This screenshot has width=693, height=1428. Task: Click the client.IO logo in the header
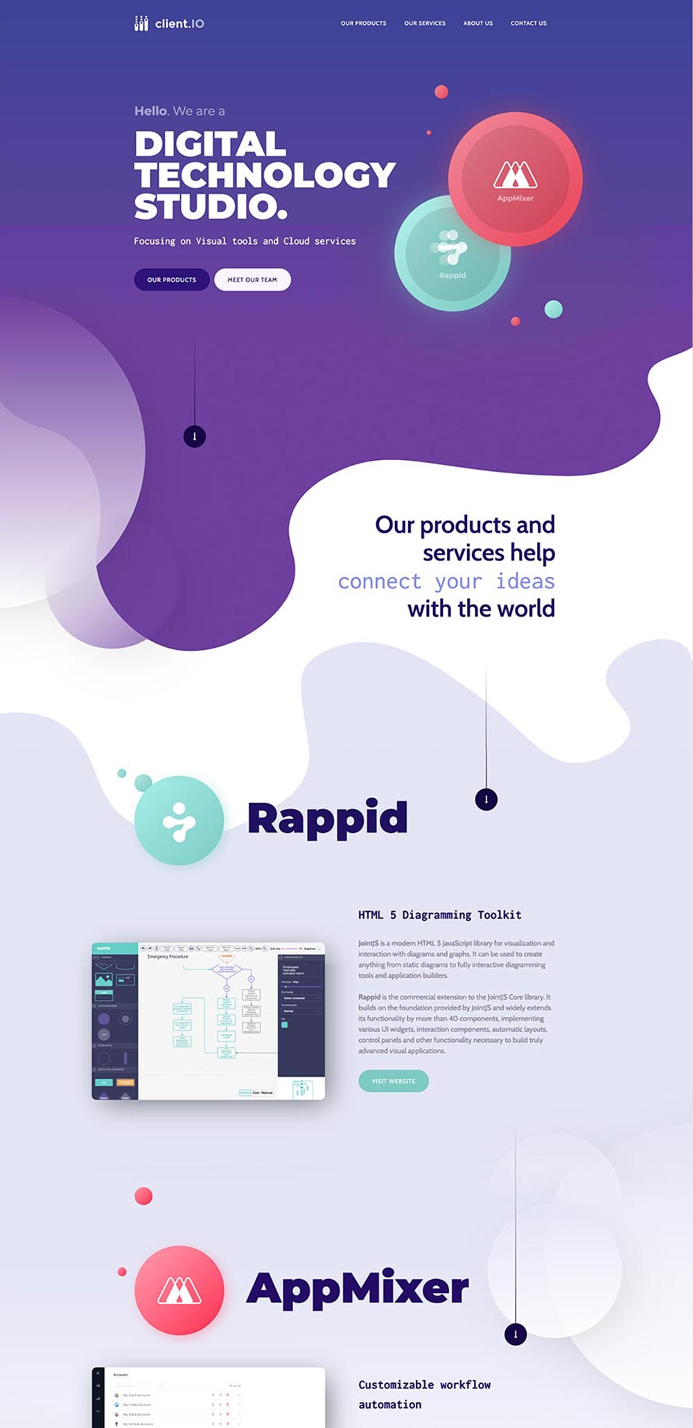coord(169,24)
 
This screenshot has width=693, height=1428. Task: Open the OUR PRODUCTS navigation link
coord(363,24)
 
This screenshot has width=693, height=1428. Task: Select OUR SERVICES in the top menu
coord(425,24)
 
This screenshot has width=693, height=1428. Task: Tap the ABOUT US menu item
coord(478,24)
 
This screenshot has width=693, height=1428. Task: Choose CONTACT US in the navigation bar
coord(529,24)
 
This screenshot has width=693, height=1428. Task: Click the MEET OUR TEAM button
coord(252,280)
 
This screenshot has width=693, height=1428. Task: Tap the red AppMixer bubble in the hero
coord(516,179)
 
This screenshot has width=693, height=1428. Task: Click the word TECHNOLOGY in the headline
coord(265,175)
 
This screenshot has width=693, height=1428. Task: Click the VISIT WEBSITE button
coord(394,1081)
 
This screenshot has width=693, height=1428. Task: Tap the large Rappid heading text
coord(327,818)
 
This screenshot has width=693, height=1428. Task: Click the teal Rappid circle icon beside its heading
coord(179,821)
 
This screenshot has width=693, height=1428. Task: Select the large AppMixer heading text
coord(358,1289)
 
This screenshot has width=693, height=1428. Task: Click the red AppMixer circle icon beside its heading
coord(179,1290)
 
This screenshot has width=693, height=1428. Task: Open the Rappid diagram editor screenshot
coord(208,1021)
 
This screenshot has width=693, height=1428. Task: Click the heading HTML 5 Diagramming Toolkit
coord(439,915)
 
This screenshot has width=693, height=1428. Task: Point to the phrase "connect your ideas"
coord(446,581)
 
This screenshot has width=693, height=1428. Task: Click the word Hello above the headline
coord(150,111)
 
